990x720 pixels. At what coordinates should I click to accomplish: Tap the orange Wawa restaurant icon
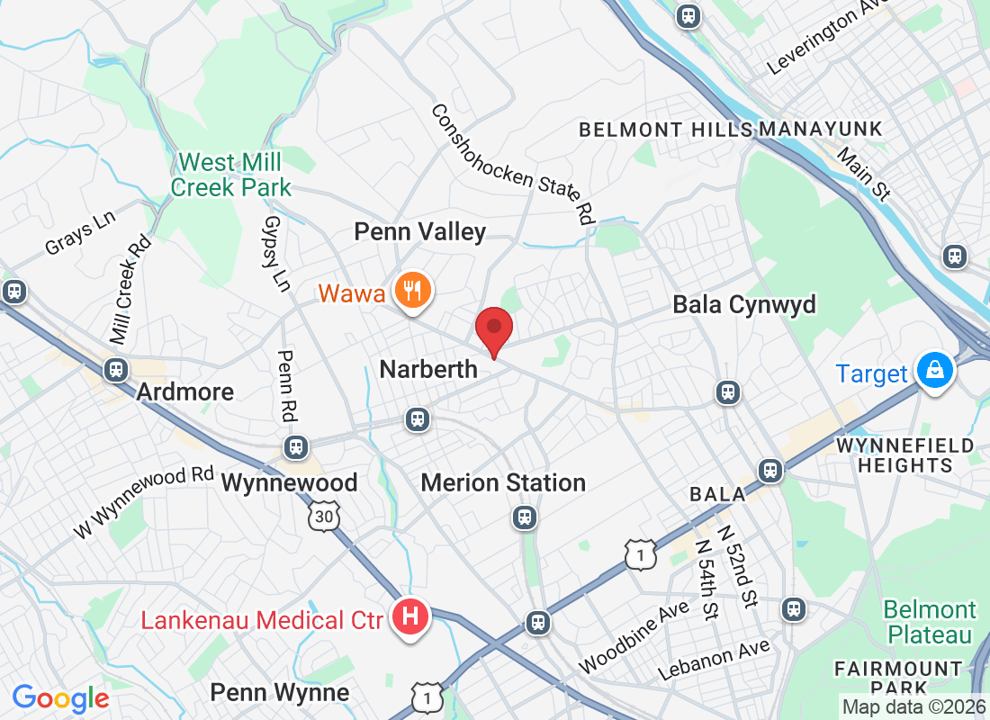[413, 290]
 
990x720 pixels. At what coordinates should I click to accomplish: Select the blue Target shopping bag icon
[936, 370]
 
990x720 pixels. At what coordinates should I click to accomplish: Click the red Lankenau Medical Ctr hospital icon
[410, 617]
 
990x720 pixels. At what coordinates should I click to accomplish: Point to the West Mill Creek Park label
[231, 175]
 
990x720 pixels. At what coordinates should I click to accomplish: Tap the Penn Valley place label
[419, 232]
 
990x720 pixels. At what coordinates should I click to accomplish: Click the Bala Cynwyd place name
[744, 305]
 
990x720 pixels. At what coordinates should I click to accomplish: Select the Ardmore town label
[185, 391]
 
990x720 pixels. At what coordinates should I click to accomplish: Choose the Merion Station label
[503, 483]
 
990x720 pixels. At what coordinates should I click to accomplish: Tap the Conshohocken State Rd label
[513, 163]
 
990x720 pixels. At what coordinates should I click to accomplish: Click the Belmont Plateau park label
[930, 622]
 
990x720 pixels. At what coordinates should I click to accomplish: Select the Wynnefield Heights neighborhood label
[904, 455]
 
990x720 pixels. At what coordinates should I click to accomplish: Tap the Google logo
[60, 697]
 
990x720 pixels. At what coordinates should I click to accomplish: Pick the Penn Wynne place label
[279, 692]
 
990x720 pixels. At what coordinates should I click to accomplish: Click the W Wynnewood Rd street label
[143, 502]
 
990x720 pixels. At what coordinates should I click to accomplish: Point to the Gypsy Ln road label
[276, 253]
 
